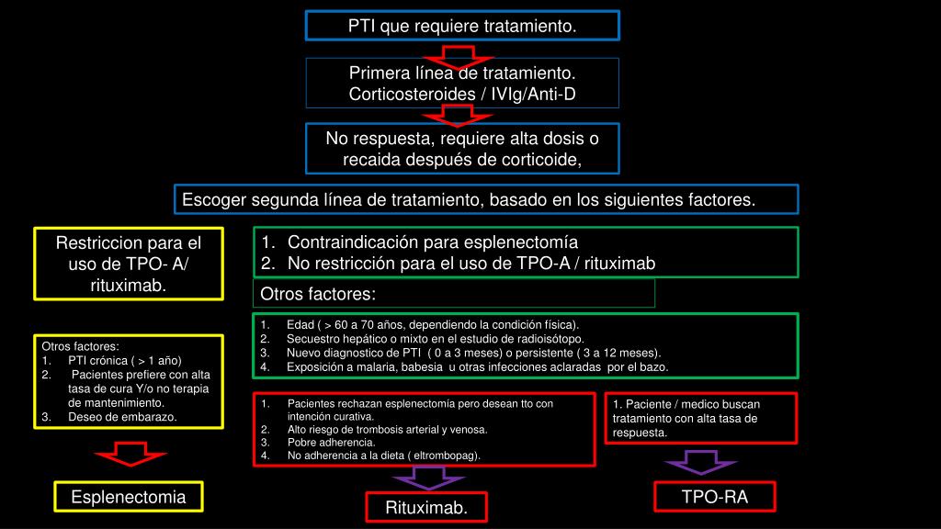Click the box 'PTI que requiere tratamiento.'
[462, 26]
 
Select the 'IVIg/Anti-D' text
[534, 94]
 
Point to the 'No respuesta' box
[462, 149]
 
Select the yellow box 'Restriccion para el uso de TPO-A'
[128, 264]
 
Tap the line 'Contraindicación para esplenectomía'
[432, 242]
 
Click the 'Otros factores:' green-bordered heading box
[454, 294]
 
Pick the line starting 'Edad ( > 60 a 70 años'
[432, 325]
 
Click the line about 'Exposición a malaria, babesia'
[477, 366]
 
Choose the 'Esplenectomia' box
[129, 497]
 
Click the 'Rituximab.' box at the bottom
[426, 508]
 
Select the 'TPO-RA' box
[715, 497]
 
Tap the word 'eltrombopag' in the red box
[446, 455]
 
